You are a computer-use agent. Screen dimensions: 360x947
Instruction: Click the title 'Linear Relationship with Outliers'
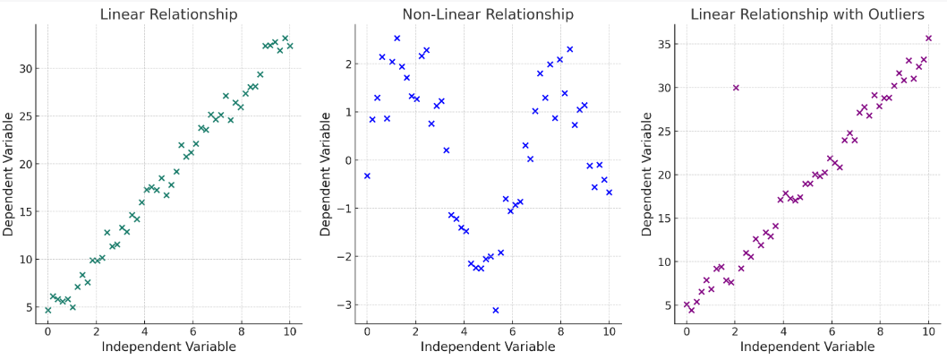[807, 14]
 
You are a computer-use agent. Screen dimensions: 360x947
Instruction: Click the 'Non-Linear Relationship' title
[488, 14]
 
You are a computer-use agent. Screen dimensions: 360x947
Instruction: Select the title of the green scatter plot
[168, 14]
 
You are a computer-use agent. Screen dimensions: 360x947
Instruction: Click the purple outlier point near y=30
[736, 88]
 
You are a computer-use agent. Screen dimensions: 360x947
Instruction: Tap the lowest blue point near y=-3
[495, 310]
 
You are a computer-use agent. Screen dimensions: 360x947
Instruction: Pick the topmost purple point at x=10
[928, 39]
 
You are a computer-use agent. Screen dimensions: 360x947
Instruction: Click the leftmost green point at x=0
[48, 310]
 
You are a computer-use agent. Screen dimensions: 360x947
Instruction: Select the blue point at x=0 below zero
[367, 176]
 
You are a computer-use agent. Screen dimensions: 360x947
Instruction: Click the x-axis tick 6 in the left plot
[193, 331]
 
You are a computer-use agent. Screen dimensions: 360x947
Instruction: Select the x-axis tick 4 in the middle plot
[464, 331]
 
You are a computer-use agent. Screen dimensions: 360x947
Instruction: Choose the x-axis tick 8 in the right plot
[880, 331]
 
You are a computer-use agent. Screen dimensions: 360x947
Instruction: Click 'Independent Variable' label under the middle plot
[488, 347]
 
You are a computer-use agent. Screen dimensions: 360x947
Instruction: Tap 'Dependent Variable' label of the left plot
[8, 174]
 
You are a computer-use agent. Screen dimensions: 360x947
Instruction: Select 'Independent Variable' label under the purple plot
[807, 347]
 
